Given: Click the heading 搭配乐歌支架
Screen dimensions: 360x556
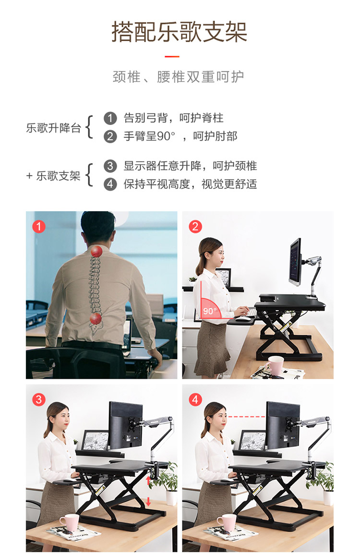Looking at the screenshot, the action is pos(180,32).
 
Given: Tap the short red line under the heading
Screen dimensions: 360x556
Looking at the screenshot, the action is pos(172,56).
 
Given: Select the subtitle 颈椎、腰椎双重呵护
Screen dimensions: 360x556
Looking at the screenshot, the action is pos(178,77).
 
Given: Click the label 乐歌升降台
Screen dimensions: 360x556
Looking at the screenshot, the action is pos(54,128).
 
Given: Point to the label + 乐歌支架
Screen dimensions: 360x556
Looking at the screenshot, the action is pos(53,176).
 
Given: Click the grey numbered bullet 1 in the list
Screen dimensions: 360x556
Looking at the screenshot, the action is pos(110,118).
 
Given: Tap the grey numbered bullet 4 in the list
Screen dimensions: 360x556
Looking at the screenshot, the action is pos(110,184).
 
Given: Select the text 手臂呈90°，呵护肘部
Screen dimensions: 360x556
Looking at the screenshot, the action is pos(180,136).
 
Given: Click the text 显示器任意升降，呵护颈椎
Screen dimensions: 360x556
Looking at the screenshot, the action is pos(190,166).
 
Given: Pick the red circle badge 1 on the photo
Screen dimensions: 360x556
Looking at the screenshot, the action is pos(39,227).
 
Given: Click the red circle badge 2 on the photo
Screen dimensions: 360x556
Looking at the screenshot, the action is pos(195,227).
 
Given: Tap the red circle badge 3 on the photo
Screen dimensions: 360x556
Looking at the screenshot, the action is pos(39,399).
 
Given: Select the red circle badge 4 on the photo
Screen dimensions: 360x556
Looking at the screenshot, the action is pos(195,399).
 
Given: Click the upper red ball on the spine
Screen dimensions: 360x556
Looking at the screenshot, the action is pos(96,252).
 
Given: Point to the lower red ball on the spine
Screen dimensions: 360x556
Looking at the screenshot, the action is pos(96,318).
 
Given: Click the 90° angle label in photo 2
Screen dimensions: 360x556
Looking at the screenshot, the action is pos(210,311).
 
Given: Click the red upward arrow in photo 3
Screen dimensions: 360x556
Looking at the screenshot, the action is pos(148,481).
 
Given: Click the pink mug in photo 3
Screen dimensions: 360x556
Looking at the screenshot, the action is pos(69,523).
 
